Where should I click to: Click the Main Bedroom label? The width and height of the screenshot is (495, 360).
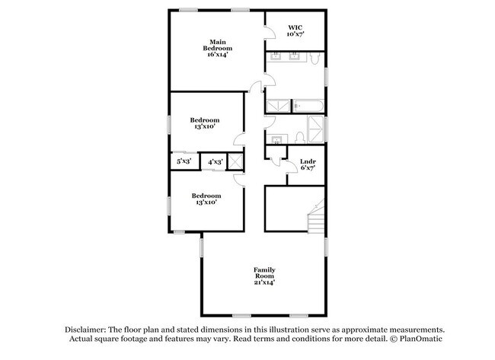[216, 48]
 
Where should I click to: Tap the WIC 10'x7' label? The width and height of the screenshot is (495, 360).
[295, 30]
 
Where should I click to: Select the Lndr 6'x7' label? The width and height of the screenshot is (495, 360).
[307, 164]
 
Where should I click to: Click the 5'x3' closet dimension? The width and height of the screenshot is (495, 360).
[184, 161]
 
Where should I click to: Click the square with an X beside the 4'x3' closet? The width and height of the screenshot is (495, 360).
[235, 161]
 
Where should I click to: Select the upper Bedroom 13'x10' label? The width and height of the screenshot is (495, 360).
[205, 123]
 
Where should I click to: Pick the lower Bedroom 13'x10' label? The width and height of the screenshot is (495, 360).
[206, 199]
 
